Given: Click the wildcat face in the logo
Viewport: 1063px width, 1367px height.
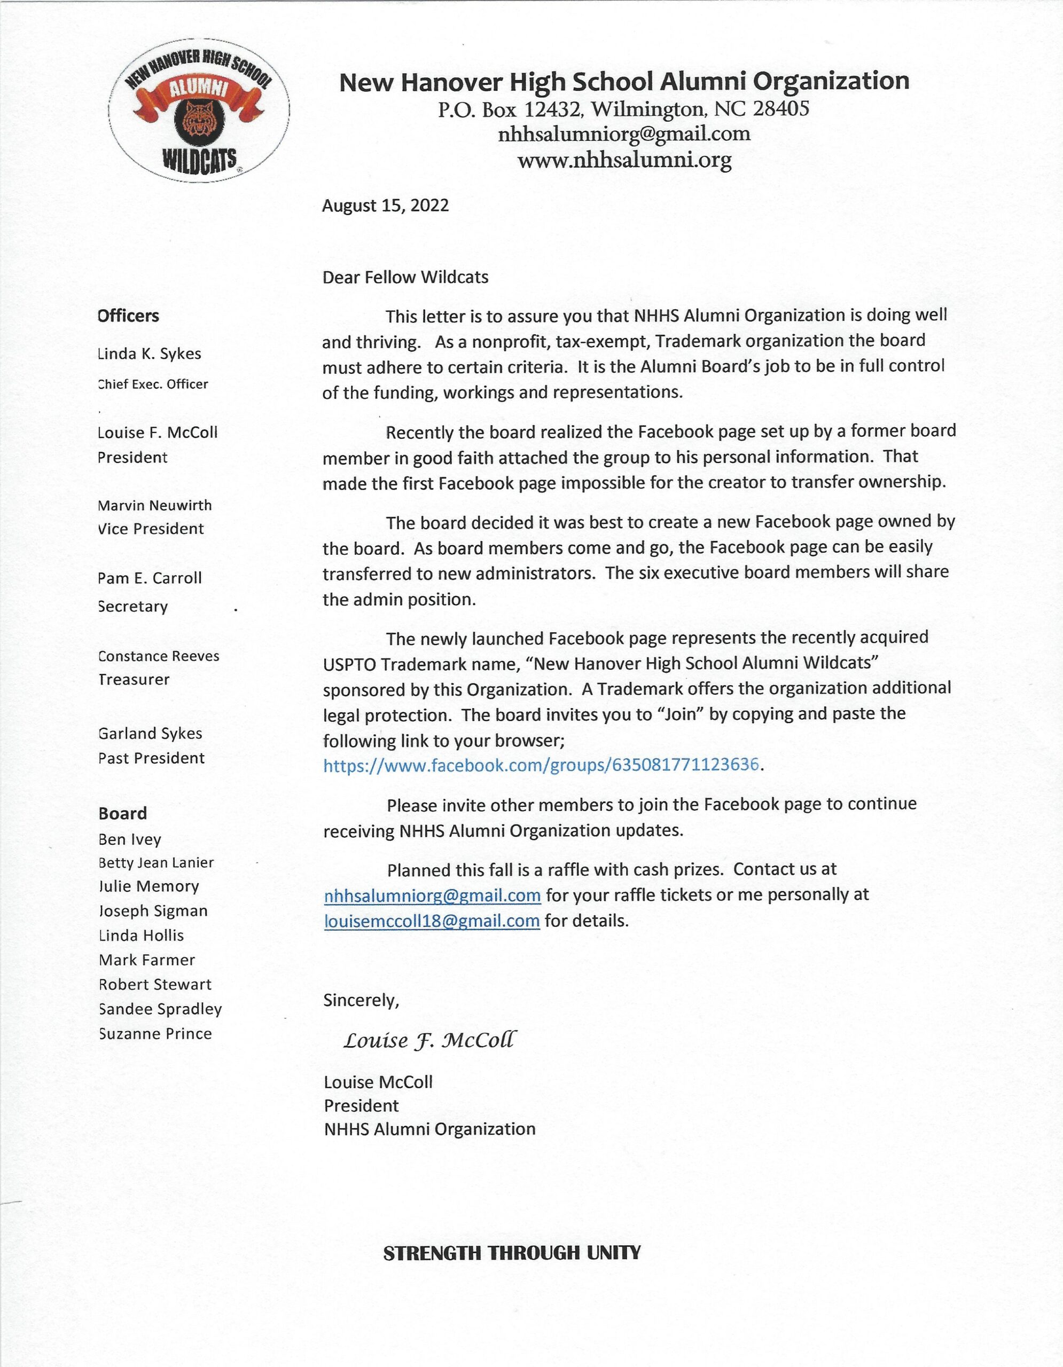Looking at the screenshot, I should pos(197,120).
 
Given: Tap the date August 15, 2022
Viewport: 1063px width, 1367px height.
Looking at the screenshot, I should pos(385,206).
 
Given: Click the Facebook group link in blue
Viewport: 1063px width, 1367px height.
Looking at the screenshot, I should pos(542,765).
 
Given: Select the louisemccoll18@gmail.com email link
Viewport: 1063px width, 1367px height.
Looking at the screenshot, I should pos(432,921).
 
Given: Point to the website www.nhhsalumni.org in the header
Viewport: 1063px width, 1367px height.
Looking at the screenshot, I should pos(624,160).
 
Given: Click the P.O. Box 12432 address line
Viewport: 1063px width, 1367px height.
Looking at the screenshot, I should pos(623,109).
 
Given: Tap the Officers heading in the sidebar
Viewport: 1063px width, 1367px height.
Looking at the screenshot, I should pos(128,316).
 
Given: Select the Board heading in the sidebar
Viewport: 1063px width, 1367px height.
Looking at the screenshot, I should pos(123,813).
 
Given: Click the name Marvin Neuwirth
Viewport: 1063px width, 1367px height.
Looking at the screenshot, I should pos(154,505).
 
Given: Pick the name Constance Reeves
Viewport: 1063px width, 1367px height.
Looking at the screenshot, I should pos(159,656).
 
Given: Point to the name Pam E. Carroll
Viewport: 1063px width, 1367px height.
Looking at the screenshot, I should pos(150,578).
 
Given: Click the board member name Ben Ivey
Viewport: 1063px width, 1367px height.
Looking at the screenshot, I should pos(130,839).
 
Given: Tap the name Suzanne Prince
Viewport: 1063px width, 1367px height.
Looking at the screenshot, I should pos(155,1033).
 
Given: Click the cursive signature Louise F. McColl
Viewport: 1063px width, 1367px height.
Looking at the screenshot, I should pos(431,1041).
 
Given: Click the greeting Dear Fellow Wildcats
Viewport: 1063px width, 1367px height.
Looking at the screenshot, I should pos(405,277).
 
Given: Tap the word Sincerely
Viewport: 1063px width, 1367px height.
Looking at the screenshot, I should pos(361,1000).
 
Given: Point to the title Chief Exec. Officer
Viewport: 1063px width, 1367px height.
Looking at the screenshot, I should pos(153,384).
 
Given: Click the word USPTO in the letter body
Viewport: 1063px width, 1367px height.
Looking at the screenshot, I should pos(349,664).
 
